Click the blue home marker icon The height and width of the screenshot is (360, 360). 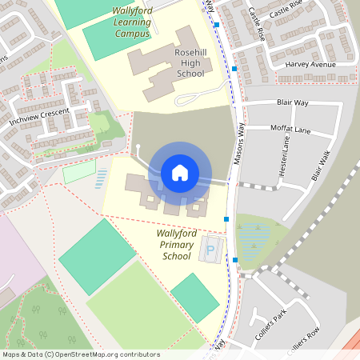click(x=180, y=172)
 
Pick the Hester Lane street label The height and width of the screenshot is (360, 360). click(x=284, y=155)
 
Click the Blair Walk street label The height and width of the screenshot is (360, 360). click(x=320, y=168)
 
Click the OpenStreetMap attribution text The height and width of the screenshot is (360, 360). click(x=80, y=354)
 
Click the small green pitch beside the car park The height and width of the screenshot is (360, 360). click(x=194, y=297)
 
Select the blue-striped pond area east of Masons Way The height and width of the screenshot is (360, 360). click(x=255, y=237)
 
